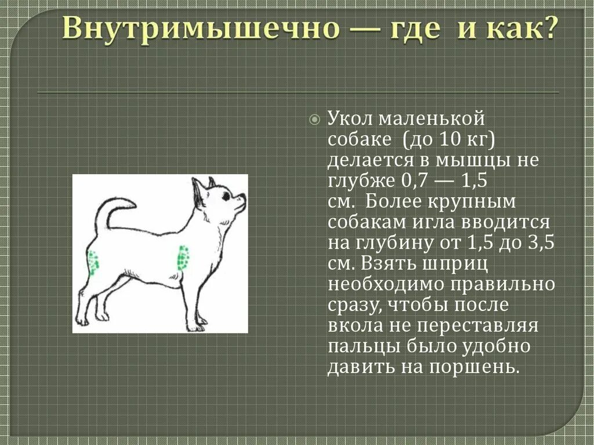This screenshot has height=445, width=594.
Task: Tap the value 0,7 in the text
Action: coord(415,180)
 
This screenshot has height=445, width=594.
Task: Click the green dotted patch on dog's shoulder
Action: coord(184,257)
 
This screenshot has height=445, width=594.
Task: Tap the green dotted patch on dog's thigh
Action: coord(93,261)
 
